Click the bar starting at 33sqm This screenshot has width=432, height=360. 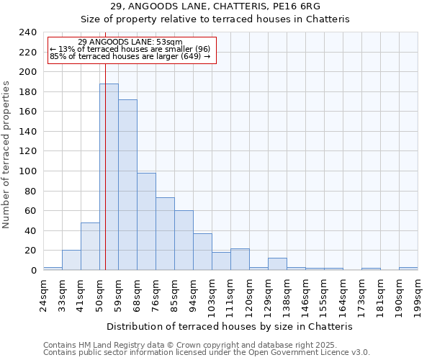click(x=71, y=260)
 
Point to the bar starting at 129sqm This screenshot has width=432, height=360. click(x=277, y=264)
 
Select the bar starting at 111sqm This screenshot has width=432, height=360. click(x=240, y=259)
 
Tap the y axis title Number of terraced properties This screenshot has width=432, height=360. click(x=7, y=155)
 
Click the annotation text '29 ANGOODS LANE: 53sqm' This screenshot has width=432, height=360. click(x=130, y=42)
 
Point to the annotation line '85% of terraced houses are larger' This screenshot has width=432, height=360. click(x=130, y=57)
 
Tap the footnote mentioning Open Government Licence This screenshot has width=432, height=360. click(x=207, y=352)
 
